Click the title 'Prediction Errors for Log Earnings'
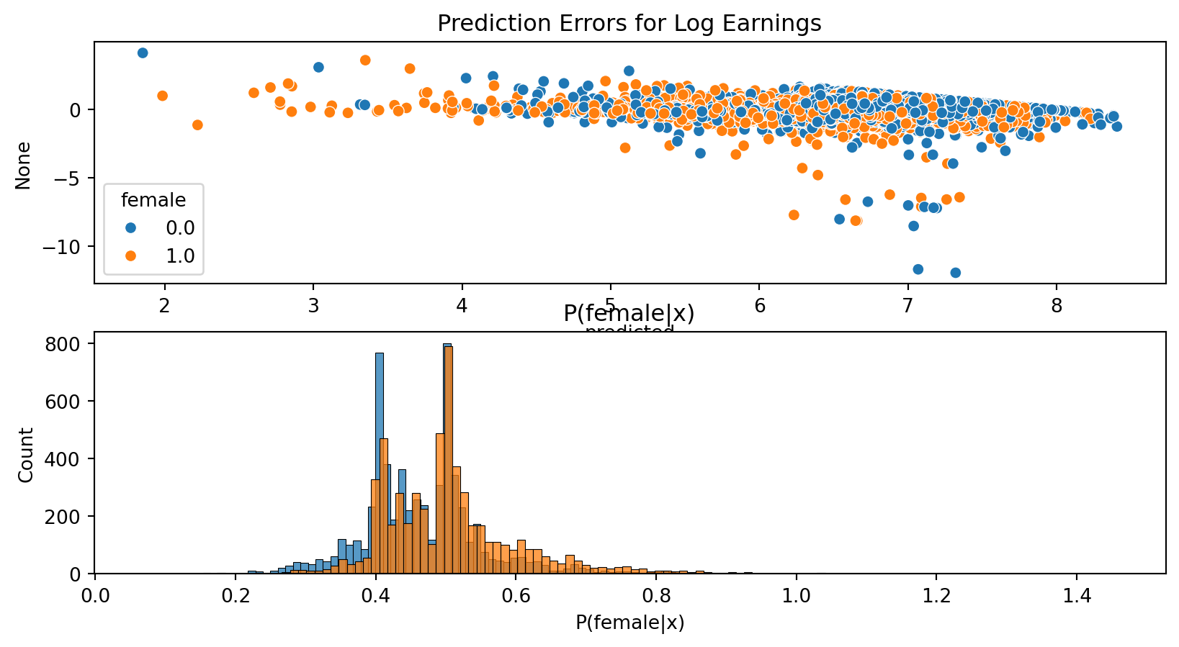coord(629,24)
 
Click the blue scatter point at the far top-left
coord(143,53)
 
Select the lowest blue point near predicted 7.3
coord(955,273)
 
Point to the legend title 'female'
coord(153,200)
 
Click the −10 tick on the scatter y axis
coord(71,247)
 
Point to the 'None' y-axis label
coord(24,166)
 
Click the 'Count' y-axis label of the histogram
coord(26,455)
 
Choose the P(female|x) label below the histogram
coord(629,623)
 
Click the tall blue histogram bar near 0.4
coord(380,461)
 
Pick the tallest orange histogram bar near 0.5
coord(448,461)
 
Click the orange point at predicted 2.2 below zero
coord(197,125)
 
